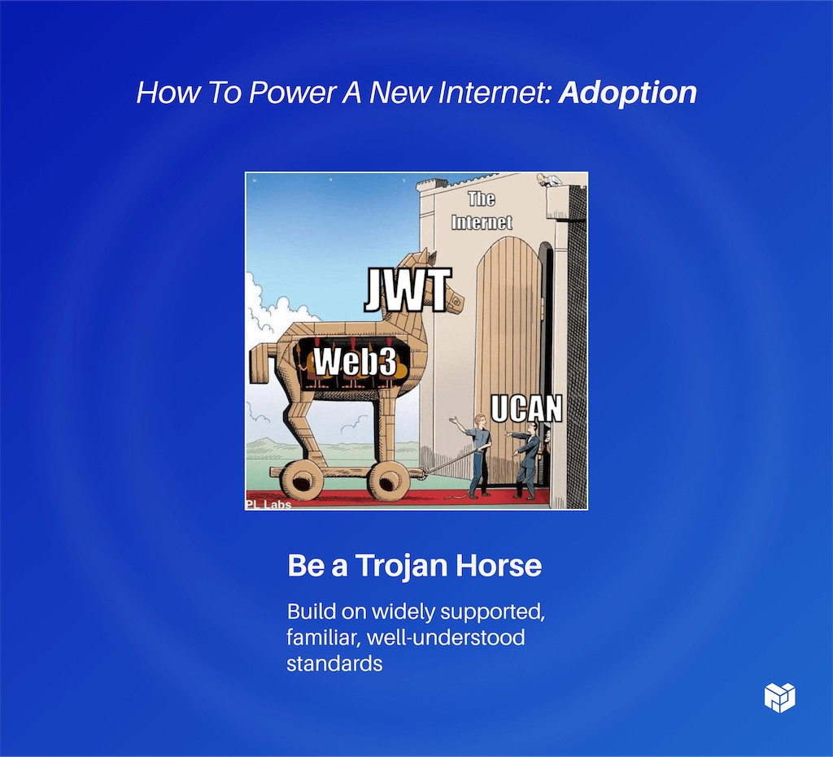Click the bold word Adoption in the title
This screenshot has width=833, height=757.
(x=628, y=93)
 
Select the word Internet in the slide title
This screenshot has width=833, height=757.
(x=486, y=93)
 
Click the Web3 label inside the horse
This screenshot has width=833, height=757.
(x=355, y=362)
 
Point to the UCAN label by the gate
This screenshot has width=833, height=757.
(x=526, y=408)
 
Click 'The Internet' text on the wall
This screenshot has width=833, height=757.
(x=482, y=211)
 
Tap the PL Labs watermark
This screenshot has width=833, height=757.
(x=268, y=504)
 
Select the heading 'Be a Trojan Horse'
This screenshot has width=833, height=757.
(x=414, y=566)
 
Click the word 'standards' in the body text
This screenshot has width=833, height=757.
(x=334, y=663)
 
